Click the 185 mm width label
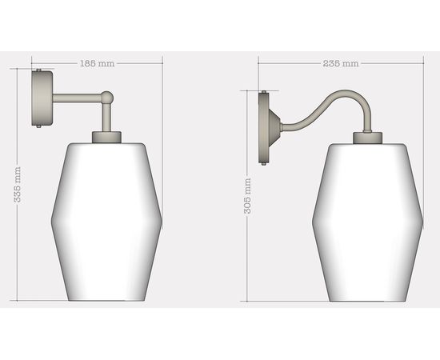click(96, 62)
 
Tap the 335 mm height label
click(18, 186)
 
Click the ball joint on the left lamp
click(107, 98)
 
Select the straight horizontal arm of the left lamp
click(78, 99)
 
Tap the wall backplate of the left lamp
click(43, 99)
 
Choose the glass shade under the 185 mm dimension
click(106, 220)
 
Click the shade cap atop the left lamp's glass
click(106, 138)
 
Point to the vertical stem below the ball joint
click(107, 118)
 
